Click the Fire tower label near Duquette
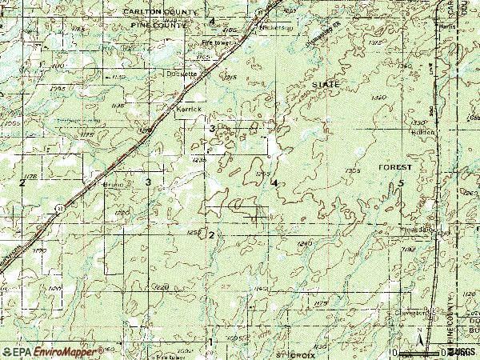(x=215, y=42)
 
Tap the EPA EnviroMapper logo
(x=51, y=351)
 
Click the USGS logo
(x=462, y=351)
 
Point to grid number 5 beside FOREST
(x=401, y=184)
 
